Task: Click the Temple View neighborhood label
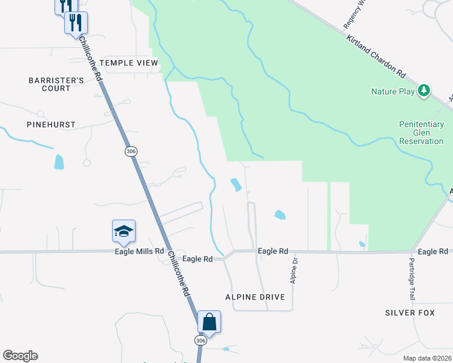pyautogui.click(x=128, y=63)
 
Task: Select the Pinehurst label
pyautogui.click(x=51, y=125)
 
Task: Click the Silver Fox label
pyautogui.click(x=410, y=313)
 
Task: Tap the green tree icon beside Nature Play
pyautogui.click(x=425, y=91)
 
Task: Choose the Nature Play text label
pyautogui.click(x=392, y=92)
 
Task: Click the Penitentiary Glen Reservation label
pyautogui.click(x=422, y=132)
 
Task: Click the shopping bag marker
pyautogui.click(x=209, y=321)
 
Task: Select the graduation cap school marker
pyautogui.click(x=124, y=231)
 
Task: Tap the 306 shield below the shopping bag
pyautogui.click(x=200, y=341)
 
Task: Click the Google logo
pyautogui.click(x=20, y=356)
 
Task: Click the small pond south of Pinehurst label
pyautogui.click(x=59, y=162)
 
